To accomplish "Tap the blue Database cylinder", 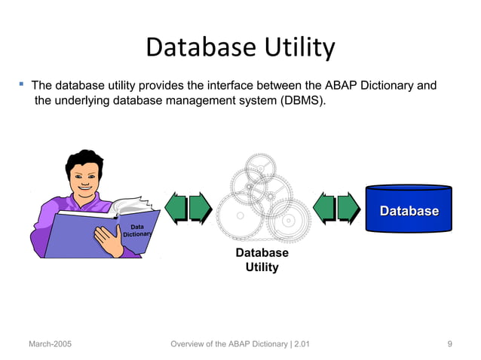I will pyautogui.click(x=409, y=211).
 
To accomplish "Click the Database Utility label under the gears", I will pyautogui.click(x=262, y=260).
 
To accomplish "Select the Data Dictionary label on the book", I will pyautogui.click(x=137, y=230).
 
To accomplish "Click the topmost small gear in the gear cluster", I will pyautogui.click(x=261, y=163).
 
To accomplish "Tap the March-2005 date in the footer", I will pyautogui.click(x=51, y=344).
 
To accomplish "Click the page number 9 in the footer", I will pyautogui.click(x=449, y=344).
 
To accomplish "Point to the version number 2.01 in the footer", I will pyautogui.click(x=301, y=344).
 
